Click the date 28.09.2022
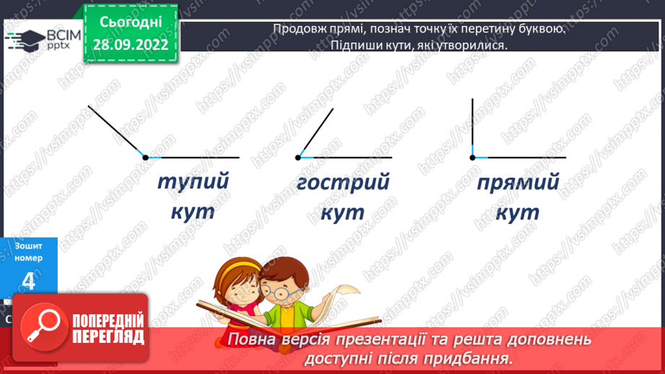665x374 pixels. click(x=131, y=45)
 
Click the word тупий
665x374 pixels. click(x=193, y=181)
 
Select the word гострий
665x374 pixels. click(x=342, y=182)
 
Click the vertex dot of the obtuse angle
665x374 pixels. click(x=145, y=157)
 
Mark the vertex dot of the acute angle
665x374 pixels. click(x=297, y=157)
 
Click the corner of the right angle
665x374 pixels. click(x=472, y=157)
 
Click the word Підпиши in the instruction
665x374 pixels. click(x=336, y=45)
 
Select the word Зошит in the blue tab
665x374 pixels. click(x=28, y=245)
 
